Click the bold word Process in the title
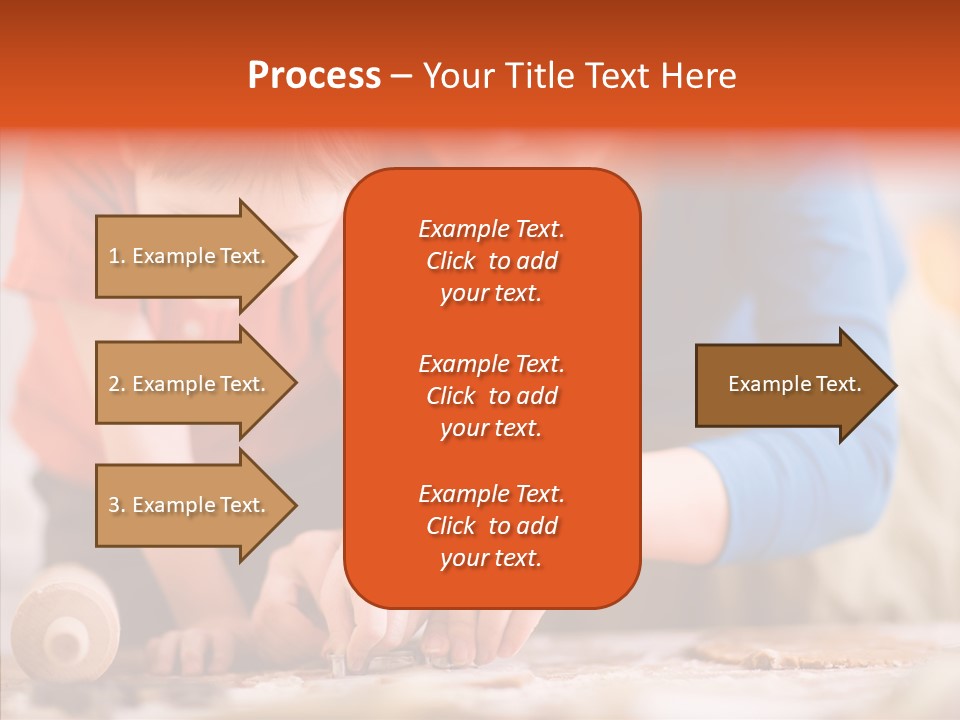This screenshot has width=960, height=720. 314,76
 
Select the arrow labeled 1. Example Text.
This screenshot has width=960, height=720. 190,256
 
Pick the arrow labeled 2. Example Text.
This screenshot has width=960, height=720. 190,384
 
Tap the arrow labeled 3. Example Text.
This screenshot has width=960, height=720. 190,505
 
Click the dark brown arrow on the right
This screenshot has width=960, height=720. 790,384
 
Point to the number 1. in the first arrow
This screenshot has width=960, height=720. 117,256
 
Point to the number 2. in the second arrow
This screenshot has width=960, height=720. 117,384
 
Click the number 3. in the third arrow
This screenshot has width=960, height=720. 117,505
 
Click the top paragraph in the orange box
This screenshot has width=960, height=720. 491,261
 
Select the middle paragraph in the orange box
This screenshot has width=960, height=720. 491,396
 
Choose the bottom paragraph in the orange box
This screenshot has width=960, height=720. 491,526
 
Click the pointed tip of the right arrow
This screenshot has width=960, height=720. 894,385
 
